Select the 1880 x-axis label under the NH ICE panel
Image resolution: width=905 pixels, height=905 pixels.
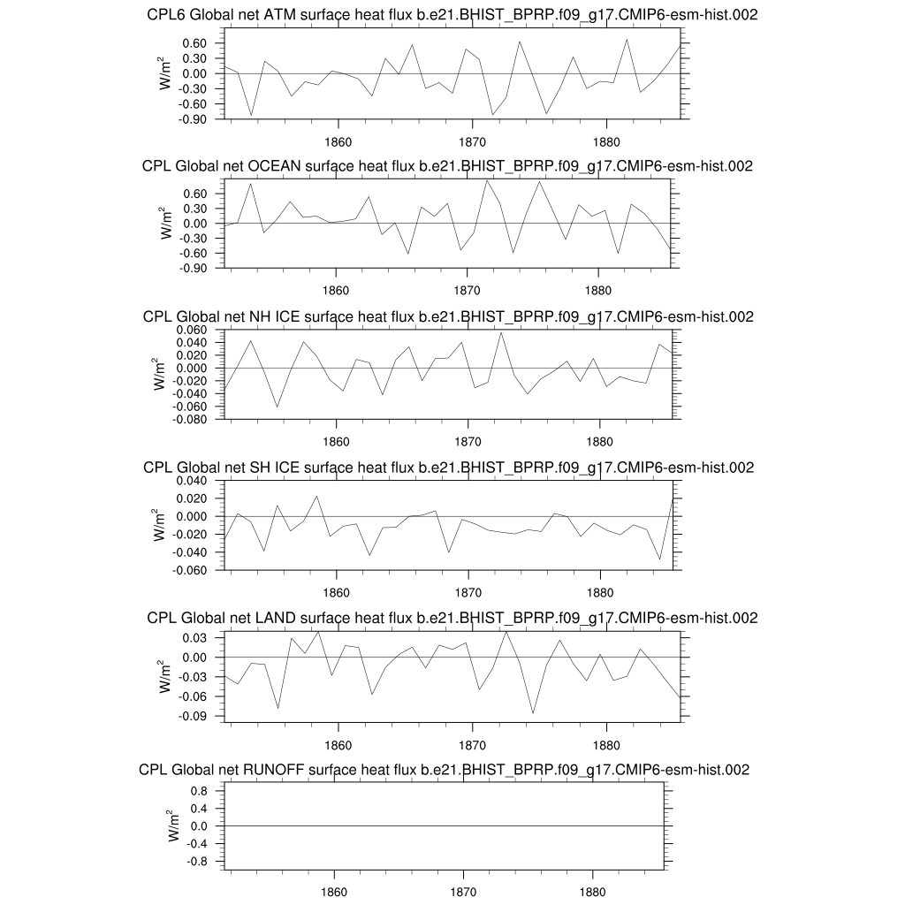click(599, 441)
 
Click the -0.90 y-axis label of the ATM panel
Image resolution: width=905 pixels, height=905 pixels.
click(194, 118)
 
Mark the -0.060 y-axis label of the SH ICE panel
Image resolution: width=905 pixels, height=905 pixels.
click(190, 570)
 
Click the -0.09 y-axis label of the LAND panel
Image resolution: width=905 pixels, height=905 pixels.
click(194, 717)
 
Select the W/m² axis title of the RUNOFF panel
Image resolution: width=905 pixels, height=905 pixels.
click(177, 825)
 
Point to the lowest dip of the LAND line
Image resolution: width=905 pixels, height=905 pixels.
click(533, 712)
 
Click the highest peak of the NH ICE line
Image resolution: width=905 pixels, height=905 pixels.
click(501, 332)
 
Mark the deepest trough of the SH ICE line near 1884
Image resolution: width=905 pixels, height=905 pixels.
click(659, 559)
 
